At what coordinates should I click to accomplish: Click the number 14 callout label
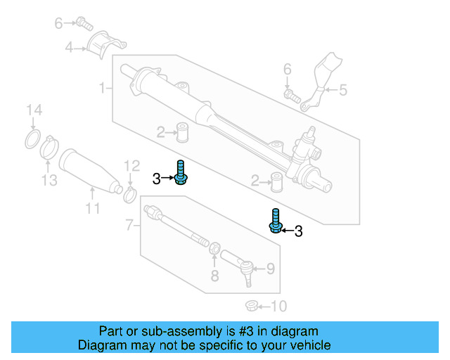click(x=34, y=110)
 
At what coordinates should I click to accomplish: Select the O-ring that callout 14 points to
click(x=32, y=139)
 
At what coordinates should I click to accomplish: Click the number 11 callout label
click(x=93, y=208)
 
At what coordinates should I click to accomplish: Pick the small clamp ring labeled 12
click(x=129, y=192)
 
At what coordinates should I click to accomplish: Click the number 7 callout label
click(x=129, y=225)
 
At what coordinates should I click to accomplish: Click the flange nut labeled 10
click(x=250, y=306)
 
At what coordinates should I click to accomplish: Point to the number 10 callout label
click(x=279, y=307)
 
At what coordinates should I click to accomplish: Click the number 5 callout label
click(x=342, y=89)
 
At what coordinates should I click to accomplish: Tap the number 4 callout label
click(x=69, y=49)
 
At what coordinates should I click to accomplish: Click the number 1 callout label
click(x=102, y=88)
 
